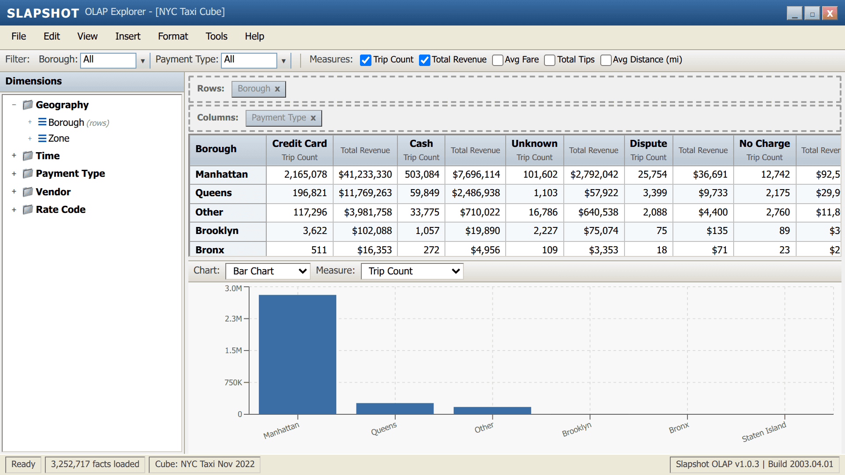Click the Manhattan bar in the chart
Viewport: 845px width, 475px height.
(x=297, y=354)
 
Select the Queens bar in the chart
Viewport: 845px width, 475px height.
(x=395, y=408)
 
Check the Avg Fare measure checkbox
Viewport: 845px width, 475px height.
(x=498, y=60)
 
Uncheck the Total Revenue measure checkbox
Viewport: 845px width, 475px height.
(x=424, y=60)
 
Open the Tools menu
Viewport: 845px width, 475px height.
(x=216, y=37)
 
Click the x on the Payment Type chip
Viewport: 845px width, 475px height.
(x=313, y=118)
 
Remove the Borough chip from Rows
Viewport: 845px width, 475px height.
(x=277, y=89)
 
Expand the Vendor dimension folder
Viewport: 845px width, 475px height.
(x=14, y=192)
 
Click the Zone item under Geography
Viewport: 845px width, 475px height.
(x=59, y=139)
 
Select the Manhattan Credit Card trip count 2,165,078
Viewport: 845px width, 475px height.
(x=305, y=175)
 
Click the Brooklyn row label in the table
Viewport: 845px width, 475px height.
(x=217, y=231)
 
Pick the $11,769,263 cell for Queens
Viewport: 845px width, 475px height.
(x=365, y=193)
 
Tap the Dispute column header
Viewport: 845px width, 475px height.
(x=648, y=144)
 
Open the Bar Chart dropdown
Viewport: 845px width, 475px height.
(x=268, y=271)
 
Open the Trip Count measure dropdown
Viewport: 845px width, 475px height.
(x=412, y=271)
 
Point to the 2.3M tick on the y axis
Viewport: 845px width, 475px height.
(x=233, y=319)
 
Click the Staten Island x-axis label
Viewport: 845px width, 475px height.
(x=764, y=432)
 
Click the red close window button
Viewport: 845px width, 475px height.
(x=830, y=14)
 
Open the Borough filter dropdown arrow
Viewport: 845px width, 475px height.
(x=143, y=61)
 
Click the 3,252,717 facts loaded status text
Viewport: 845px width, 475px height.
(x=95, y=464)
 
